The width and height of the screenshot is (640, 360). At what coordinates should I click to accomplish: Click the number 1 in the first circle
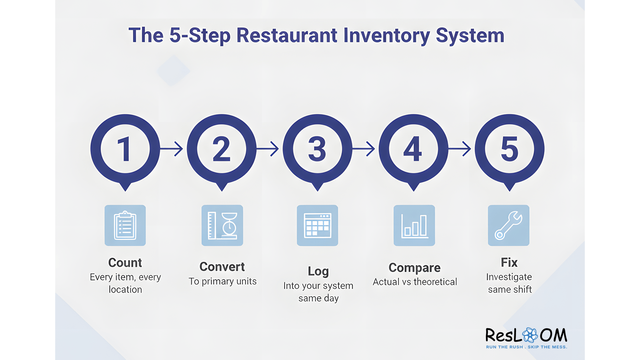(x=125, y=149)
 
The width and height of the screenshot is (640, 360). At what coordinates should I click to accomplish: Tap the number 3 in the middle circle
(x=317, y=149)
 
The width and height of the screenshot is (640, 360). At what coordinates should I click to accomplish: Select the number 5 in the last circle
(x=509, y=149)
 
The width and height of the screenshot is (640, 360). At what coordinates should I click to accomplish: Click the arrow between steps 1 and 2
(x=172, y=149)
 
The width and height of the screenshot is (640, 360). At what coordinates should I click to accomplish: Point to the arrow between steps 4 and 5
(x=460, y=149)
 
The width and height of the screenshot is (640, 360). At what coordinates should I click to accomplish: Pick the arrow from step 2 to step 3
(x=268, y=149)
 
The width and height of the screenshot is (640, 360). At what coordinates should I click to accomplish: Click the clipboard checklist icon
(x=125, y=225)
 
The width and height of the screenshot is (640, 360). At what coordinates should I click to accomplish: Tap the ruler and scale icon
(x=222, y=225)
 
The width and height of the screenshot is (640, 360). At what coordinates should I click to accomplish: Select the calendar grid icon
(x=317, y=225)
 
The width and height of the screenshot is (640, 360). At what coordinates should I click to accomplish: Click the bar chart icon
(x=414, y=225)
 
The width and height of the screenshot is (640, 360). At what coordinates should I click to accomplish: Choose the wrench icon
(x=509, y=225)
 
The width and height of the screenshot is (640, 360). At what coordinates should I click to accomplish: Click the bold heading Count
(x=125, y=262)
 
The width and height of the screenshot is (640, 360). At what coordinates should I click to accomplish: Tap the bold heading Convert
(x=222, y=267)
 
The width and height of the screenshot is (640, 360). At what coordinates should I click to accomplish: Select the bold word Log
(x=318, y=271)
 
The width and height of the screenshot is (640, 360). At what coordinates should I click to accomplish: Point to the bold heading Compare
(x=415, y=268)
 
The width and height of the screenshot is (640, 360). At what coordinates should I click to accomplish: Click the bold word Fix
(x=509, y=262)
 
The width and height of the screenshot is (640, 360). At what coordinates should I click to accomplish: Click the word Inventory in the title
(x=386, y=36)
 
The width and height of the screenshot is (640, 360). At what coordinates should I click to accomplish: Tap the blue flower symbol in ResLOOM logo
(x=530, y=335)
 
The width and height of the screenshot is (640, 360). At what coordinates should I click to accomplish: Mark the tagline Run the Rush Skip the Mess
(x=526, y=347)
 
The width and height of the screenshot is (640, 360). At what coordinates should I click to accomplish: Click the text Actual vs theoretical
(x=415, y=282)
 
